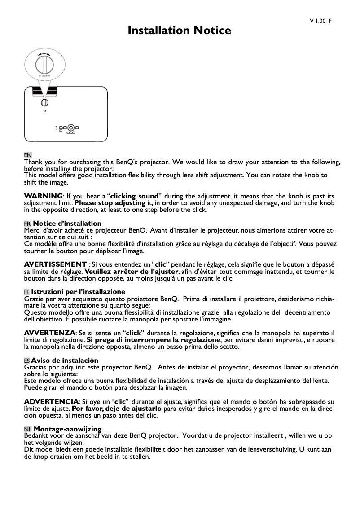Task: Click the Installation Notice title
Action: (180, 31)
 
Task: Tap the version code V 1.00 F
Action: (320, 21)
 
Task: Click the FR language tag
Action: (27, 224)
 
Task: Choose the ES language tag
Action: (27, 361)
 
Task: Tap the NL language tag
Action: (27, 430)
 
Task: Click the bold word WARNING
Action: (43, 196)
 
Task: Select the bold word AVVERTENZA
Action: (49, 333)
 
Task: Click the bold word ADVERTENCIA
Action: (51, 401)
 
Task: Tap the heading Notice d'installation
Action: (67, 224)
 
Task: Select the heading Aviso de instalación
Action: (65, 361)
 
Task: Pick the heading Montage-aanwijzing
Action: (67, 430)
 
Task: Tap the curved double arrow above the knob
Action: (44, 53)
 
